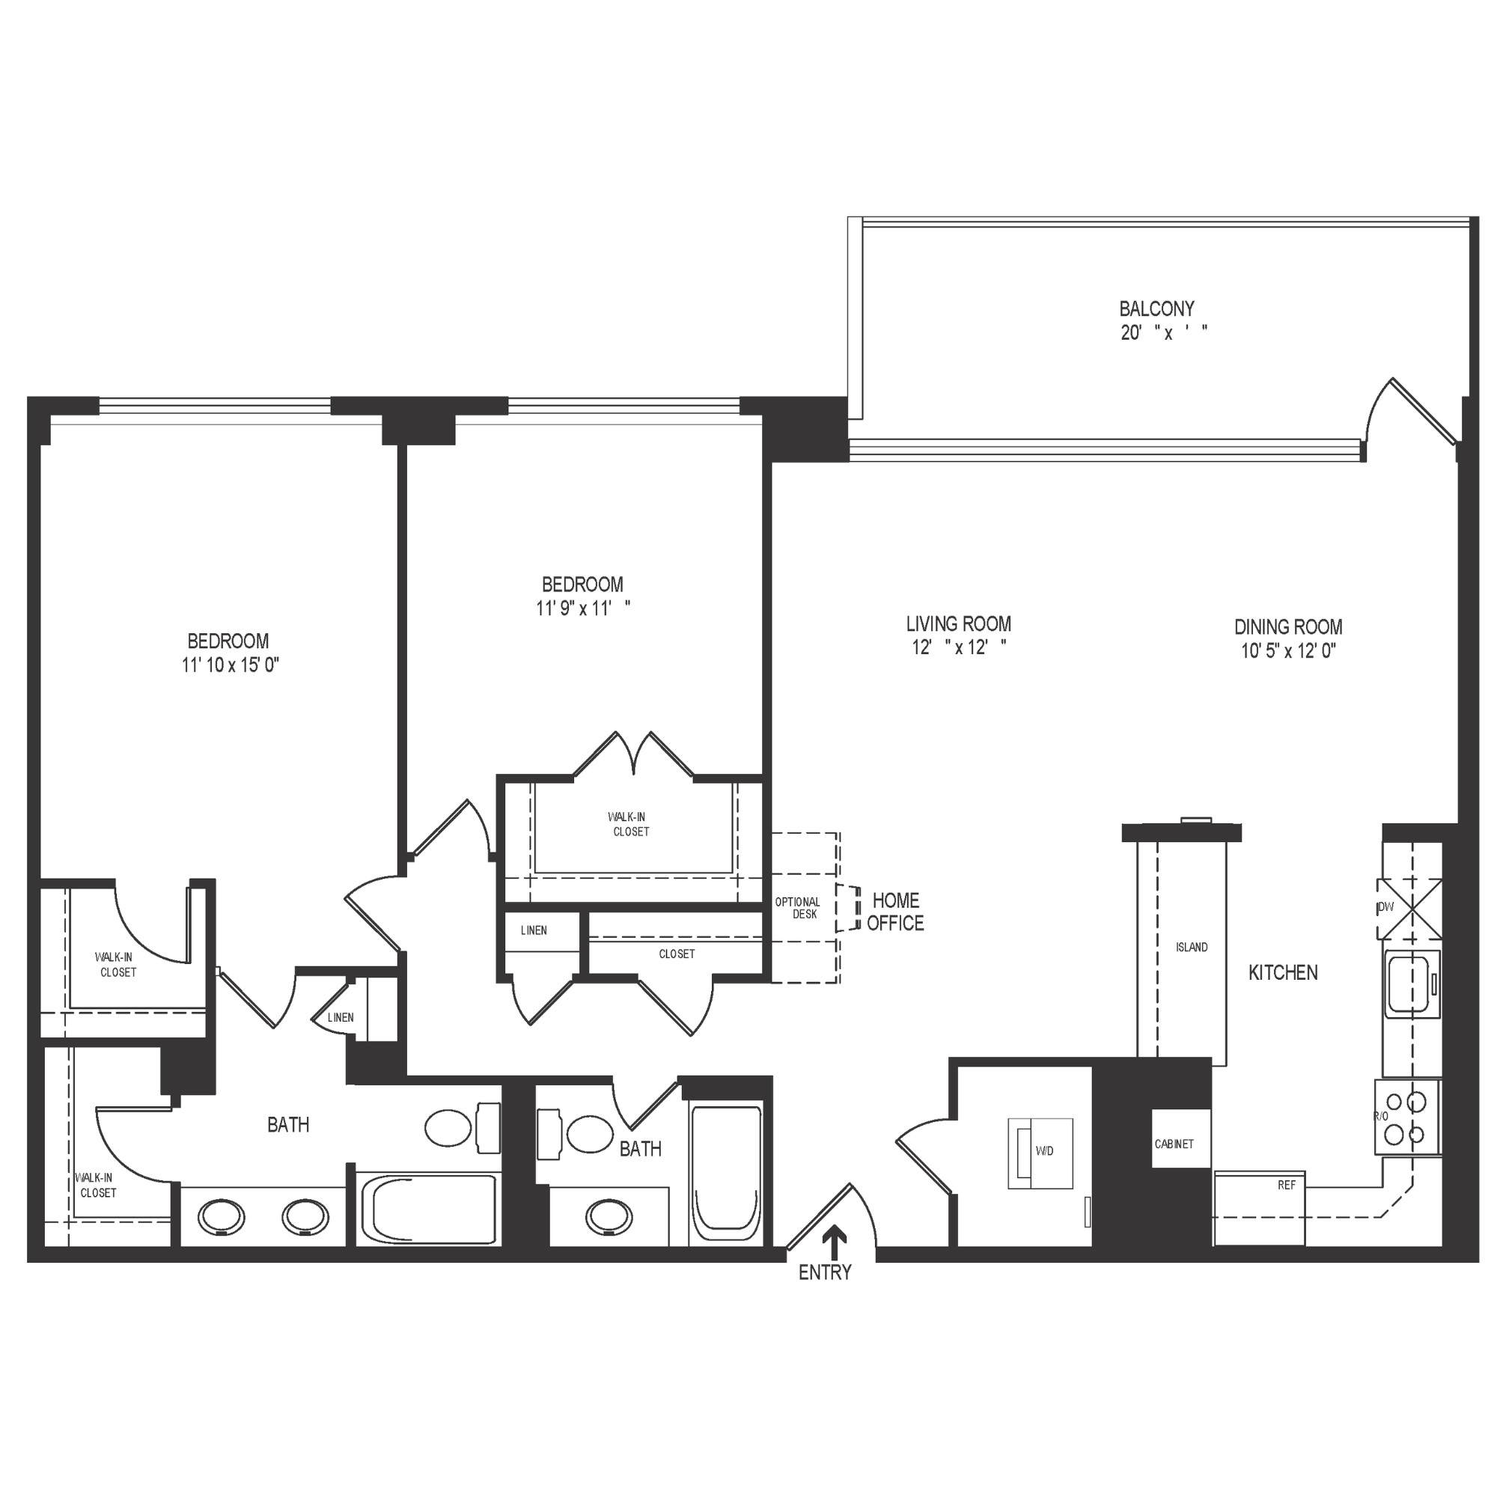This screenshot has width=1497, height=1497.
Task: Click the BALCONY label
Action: point(1156,309)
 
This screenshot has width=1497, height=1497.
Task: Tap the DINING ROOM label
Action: point(1287,626)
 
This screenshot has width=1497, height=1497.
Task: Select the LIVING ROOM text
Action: point(959,624)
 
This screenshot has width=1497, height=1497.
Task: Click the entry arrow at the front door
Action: point(834,1243)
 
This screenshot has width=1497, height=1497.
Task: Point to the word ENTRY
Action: point(824,1272)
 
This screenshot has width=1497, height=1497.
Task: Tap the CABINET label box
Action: point(1174,1144)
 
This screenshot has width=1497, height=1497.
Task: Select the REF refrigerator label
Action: point(1286,1186)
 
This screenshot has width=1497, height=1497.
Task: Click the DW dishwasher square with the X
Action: point(1409,908)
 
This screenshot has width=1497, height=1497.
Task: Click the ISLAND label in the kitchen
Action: point(1191,947)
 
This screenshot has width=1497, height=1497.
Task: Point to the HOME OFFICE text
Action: point(895,911)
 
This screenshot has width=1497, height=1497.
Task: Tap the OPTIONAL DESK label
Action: point(797,907)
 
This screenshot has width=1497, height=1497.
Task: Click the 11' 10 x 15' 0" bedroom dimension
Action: point(229,665)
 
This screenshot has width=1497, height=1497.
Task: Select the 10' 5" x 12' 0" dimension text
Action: point(1287,651)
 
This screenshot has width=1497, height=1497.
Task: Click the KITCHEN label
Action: point(1282,972)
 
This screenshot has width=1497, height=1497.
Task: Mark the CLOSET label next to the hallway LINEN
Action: point(677,954)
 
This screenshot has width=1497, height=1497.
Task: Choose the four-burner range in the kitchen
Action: point(1406,1118)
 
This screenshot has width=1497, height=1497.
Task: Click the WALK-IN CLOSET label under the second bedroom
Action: point(629,823)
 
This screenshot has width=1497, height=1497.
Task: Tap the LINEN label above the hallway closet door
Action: point(533,930)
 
